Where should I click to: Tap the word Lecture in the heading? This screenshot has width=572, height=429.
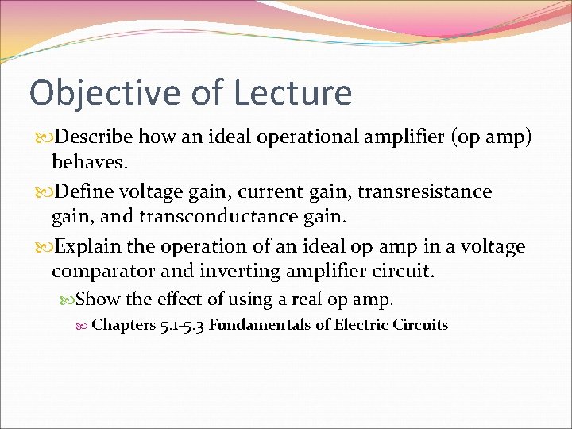point(292,92)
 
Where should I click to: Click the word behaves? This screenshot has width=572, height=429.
point(87,163)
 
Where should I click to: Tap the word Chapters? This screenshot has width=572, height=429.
point(123,325)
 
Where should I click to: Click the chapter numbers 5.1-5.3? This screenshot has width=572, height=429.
point(182,325)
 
